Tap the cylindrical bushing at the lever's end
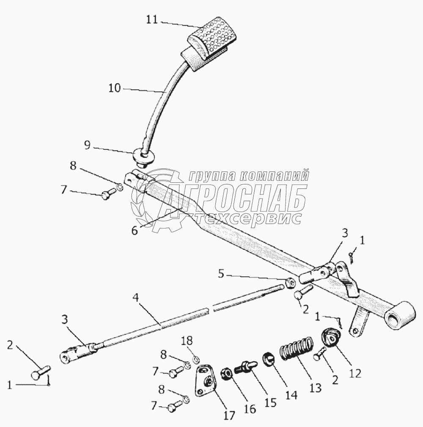click(x=400, y=317)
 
